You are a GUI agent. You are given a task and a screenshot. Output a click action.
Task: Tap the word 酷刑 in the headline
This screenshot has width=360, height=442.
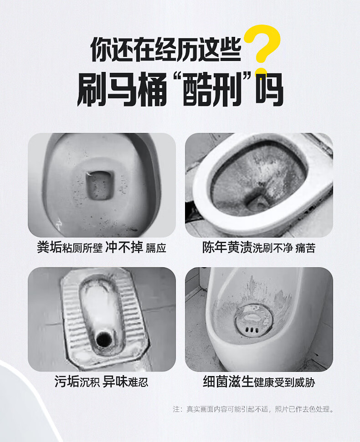coord(212,89)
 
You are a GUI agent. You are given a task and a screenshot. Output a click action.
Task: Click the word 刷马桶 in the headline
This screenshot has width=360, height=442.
coord(122,89)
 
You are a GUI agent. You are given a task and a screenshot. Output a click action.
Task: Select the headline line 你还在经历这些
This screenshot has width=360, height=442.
coord(166,49)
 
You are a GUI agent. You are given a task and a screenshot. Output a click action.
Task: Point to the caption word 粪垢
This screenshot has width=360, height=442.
coord(49,247)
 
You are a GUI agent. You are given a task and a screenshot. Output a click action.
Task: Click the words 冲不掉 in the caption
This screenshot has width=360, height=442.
coord(124,247)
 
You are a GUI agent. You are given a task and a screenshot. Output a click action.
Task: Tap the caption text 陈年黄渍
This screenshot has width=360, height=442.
coord(227,247)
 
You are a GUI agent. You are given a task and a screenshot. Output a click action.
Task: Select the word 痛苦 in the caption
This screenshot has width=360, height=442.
coord(305,248)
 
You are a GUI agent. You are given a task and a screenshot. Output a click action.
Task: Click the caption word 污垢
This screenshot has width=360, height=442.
coord(67,381)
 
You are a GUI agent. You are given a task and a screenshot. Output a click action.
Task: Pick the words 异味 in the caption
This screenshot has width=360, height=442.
coord(115,381)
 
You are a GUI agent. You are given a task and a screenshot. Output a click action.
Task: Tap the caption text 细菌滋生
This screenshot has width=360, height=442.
coord(228,381)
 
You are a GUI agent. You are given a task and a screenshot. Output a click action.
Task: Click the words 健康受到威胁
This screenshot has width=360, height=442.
coord(284,382)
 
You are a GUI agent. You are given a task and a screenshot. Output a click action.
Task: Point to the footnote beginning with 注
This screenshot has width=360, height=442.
coord(253,409)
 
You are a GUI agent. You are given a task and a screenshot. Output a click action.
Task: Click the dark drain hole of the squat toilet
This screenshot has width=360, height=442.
coord(104,339)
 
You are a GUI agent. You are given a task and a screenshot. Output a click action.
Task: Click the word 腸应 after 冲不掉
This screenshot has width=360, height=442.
coord(156,248)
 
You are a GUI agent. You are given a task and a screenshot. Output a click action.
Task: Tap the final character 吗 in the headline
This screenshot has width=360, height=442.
coord(269,89)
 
